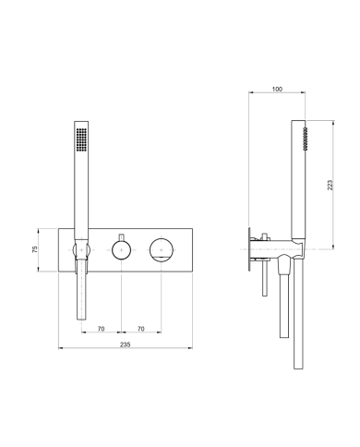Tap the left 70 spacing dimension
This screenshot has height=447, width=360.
100,327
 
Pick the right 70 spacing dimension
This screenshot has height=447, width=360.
140,327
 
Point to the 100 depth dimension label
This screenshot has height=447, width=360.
278,90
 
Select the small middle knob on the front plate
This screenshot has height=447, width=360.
120,248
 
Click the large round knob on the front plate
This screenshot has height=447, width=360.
162,248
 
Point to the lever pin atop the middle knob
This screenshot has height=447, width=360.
120,235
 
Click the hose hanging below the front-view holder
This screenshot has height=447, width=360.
81,296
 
